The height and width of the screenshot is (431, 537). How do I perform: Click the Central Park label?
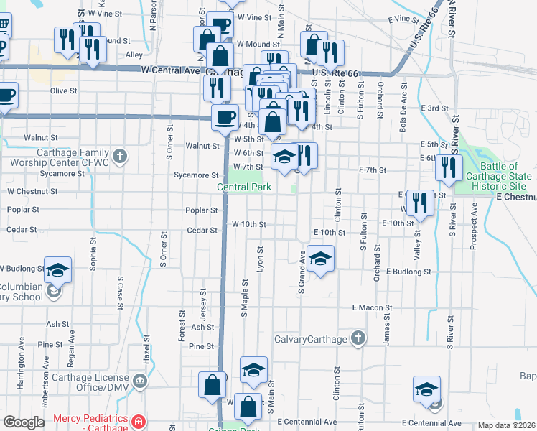click(x=244, y=187)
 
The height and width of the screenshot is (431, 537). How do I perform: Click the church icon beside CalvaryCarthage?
click(x=358, y=338)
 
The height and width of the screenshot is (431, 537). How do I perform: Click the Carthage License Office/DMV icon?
click(x=139, y=379)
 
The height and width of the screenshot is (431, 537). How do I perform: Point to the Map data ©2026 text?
click(x=507, y=425)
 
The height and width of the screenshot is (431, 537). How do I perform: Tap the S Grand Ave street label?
click(x=302, y=271)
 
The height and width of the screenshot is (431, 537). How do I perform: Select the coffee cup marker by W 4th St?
click(x=225, y=116)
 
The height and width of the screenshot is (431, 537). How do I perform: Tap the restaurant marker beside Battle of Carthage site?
click(x=448, y=170)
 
